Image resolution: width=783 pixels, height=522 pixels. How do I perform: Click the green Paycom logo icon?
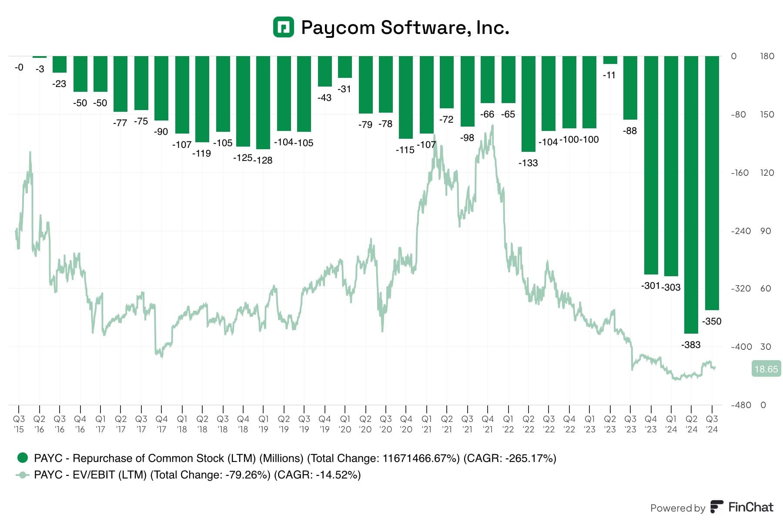(283, 27)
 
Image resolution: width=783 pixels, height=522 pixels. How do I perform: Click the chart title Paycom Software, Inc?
(405, 27)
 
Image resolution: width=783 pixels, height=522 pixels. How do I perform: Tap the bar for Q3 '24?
(712, 183)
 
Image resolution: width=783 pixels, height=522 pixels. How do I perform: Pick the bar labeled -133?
(528, 104)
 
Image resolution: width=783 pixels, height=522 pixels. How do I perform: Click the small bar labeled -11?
(610, 60)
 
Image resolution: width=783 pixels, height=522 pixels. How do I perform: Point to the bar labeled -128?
(263, 102)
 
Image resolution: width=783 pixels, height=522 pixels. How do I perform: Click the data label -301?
(650, 286)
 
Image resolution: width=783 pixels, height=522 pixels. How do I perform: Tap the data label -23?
(59, 84)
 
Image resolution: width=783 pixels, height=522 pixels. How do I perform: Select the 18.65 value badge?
(766, 369)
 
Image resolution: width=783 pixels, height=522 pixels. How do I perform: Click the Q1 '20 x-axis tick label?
(345, 424)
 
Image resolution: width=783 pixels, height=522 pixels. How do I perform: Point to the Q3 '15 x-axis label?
(19, 424)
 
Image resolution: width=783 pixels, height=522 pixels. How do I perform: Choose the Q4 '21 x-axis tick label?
(488, 424)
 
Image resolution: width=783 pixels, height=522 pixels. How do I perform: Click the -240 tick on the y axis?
(741, 231)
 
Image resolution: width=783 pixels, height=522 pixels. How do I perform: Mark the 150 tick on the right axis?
(767, 114)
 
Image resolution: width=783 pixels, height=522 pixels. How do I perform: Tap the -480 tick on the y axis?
(741, 405)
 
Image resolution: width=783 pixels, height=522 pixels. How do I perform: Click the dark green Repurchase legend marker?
(23, 458)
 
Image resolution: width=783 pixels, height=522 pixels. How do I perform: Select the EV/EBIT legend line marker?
(23, 475)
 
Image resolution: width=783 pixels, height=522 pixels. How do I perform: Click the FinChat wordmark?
(750, 507)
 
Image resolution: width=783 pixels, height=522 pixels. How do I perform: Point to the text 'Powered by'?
(677, 508)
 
